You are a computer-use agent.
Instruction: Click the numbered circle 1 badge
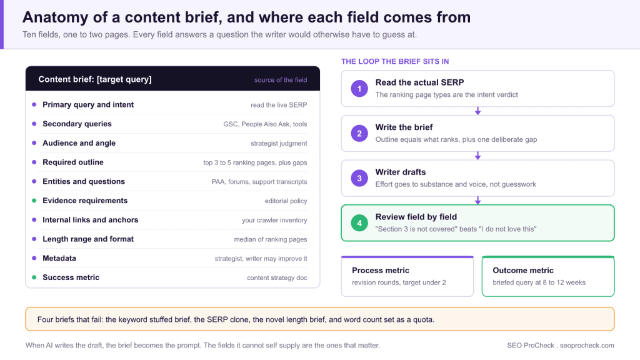pyautogui.click(x=359, y=89)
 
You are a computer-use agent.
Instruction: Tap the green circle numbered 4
pyautogui.click(x=359, y=223)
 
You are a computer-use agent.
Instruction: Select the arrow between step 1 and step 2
pyautogui.click(x=477, y=111)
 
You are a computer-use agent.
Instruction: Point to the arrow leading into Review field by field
pyautogui.click(x=477, y=201)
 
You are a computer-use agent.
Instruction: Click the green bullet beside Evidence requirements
pyautogui.click(x=34, y=201)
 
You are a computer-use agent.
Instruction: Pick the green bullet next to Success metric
pyautogui.click(x=34, y=277)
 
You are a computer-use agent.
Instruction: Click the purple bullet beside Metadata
pyautogui.click(x=34, y=258)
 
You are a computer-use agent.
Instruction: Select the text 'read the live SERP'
pyautogui.click(x=279, y=105)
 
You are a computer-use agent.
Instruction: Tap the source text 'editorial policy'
pyautogui.click(x=286, y=201)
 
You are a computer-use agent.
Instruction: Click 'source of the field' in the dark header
pyautogui.click(x=281, y=80)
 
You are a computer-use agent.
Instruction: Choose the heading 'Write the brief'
pyautogui.click(x=404, y=127)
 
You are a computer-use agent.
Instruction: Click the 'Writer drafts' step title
pyautogui.click(x=401, y=172)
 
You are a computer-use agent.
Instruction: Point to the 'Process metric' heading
pyautogui.click(x=381, y=270)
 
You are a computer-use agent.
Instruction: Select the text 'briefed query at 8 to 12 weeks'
pyautogui.click(x=539, y=282)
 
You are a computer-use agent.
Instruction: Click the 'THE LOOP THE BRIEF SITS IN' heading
pyautogui.click(x=395, y=62)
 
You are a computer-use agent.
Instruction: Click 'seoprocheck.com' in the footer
pyautogui.click(x=587, y=345)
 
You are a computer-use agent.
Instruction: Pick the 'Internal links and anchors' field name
pyautogui.click(x=90, y=219)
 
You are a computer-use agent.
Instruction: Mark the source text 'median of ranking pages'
pyautogui.click(x=270, y=239)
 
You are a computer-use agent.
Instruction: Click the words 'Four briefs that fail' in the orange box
pyautogui.click(x=69, y=319)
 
